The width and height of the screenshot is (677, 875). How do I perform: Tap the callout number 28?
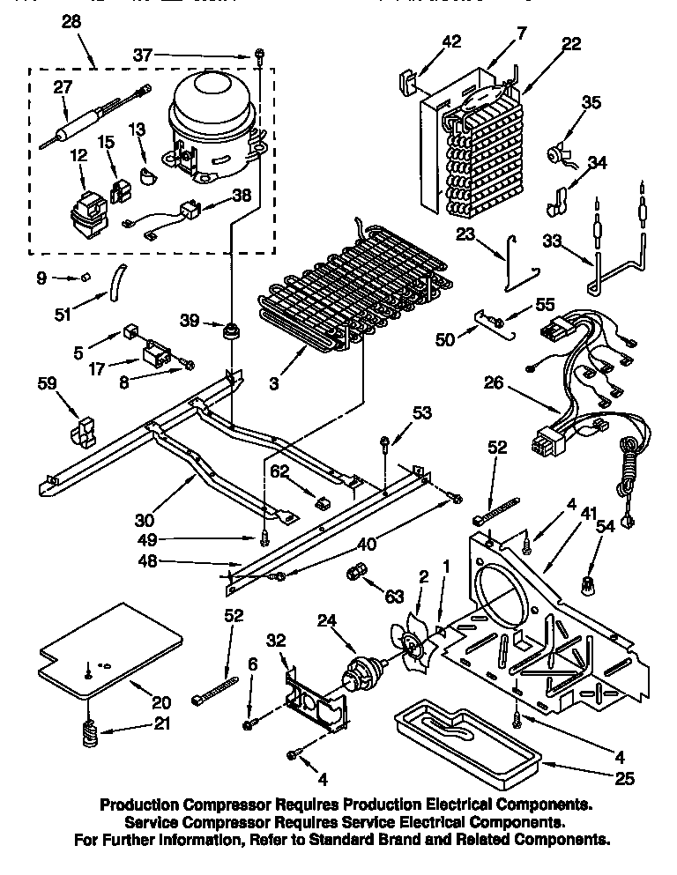click(x=71, y=24)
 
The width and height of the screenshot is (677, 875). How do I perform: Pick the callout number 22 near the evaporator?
click(x=571, y=44)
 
